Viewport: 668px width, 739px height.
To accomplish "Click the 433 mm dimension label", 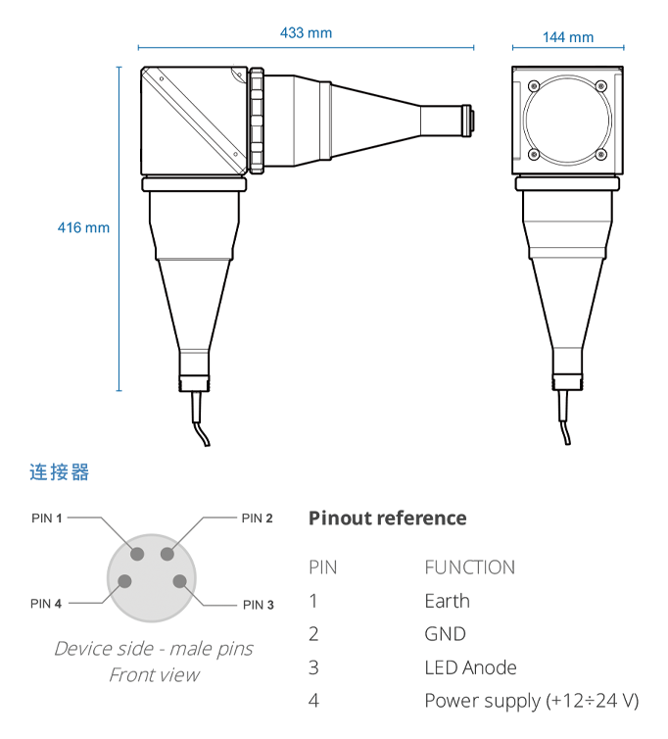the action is pyautogui.click(x=306, y=33).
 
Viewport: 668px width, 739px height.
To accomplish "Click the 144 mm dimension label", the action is pyautogui.click(x=568, y=37).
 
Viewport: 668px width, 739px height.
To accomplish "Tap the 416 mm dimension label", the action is pyautogui.click(x=83, y=227).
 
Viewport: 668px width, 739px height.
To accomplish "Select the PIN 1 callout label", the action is pyautogui.click(x=47, y=517).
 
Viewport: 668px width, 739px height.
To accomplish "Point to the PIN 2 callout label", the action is pyautogui.click(x=258, y=517).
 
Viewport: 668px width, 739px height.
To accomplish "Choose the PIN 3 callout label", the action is pyautogui.click(x=259, y=605).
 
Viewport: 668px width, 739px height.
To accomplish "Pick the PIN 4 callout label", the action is pyautogui.click(x=46, y=604).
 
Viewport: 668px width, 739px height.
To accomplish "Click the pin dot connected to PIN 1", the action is pyautogui.click(x=137, y=554).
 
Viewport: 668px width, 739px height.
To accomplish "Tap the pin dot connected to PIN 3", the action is pyautogui.click(x=179, y=581).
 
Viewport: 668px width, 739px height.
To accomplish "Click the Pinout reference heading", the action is pyautogui.click(x=388, y=517).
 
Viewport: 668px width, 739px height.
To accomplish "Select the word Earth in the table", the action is pyautogui.click(x=447, y=601).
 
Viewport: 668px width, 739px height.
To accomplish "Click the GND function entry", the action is pyautogui.click(x=446, y=634).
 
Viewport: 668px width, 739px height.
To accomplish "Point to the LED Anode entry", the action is pyautogui.click(x=470, y=667).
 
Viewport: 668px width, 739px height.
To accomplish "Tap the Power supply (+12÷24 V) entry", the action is pyautogui.click(x=532, y=701).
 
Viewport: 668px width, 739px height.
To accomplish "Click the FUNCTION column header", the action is pyautogui.click(x=470, y=567).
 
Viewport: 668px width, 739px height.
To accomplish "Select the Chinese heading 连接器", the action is pyautogui.click(x=60, y=472).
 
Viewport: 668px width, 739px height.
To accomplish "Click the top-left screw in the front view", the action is pyautogui.click(x=533, y=86).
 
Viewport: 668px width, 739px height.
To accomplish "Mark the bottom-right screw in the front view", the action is pyautogui.click(x=601, y=154).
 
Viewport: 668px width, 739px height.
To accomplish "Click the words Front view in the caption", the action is pyautogui.click(x=155, y=675).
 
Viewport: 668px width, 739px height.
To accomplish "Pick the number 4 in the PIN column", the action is pyautogui.click(x=313, y=701).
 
